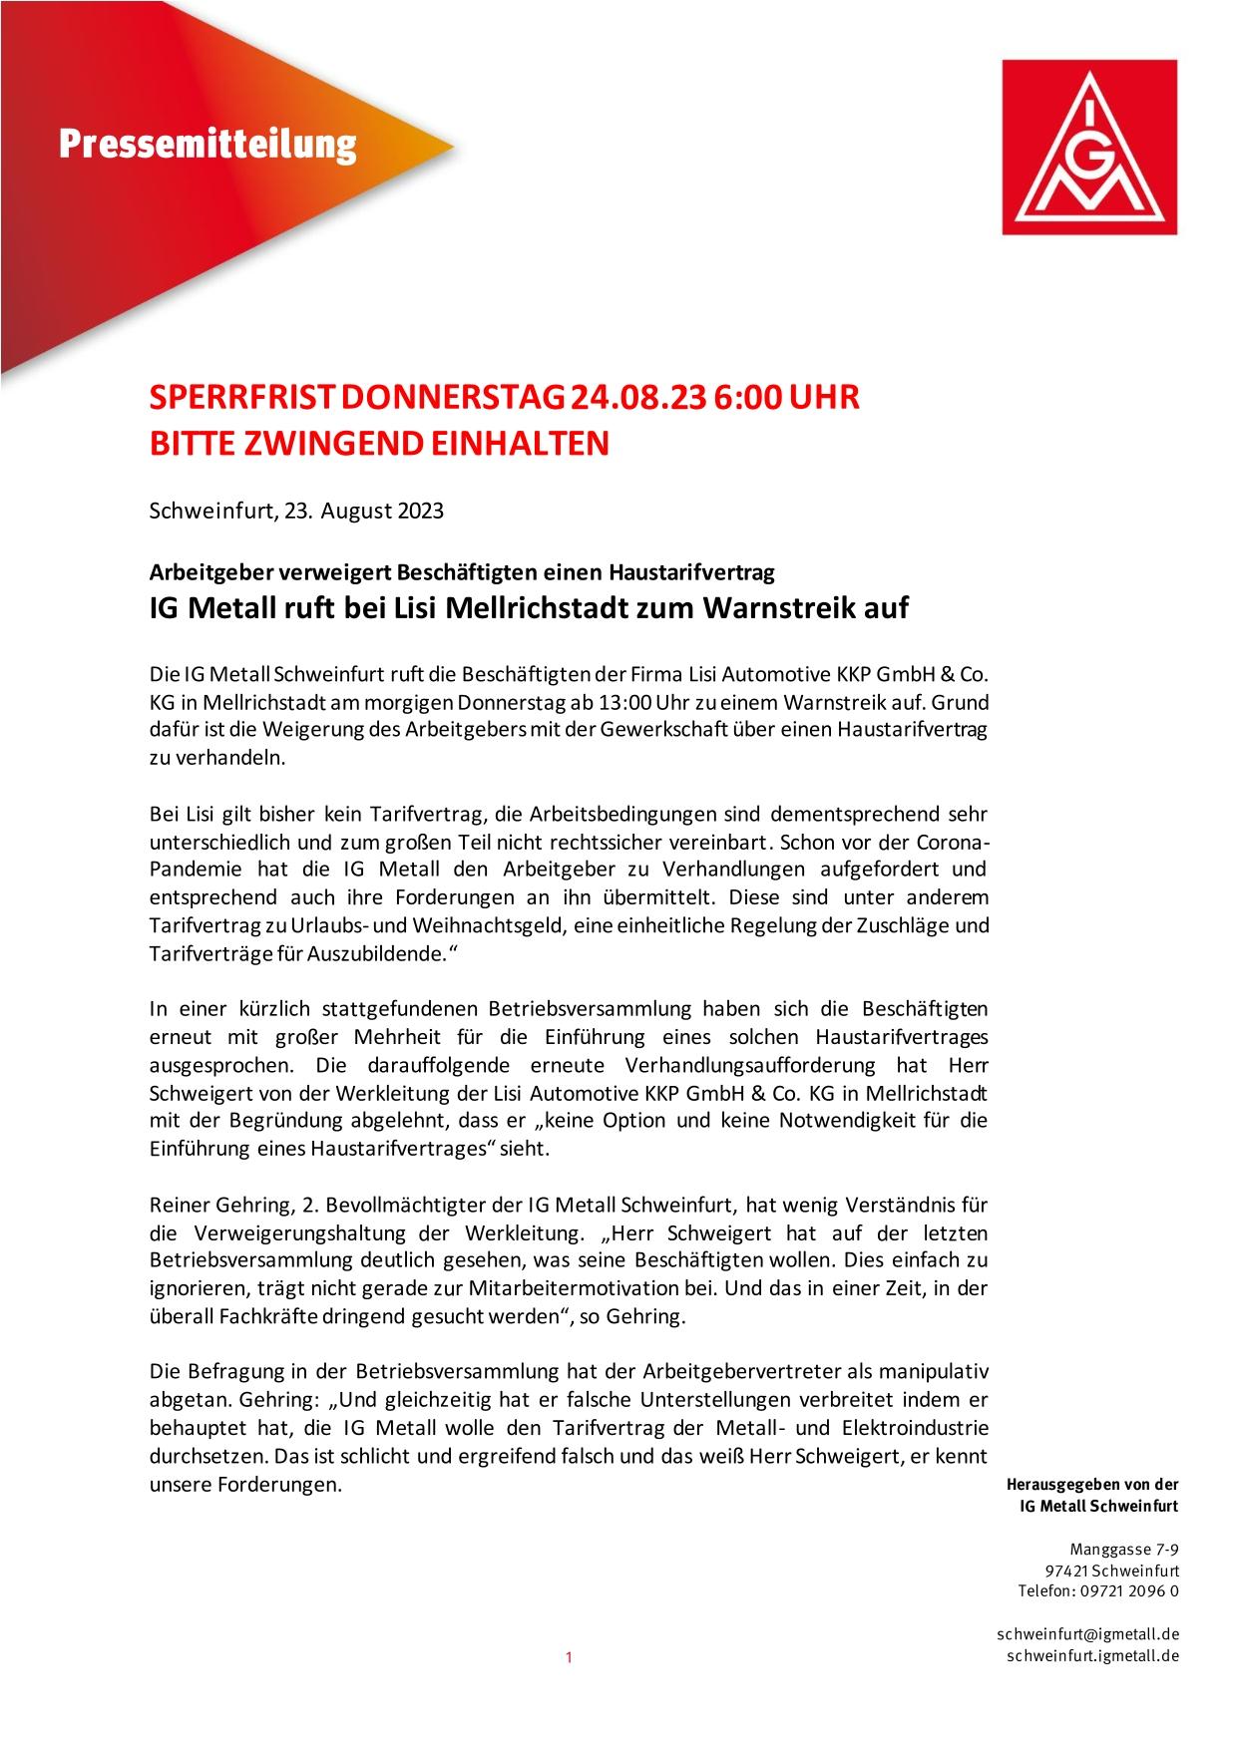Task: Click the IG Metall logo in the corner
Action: pos(1089,147)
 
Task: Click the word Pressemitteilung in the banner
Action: pos(206,144)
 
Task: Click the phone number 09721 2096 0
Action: pos(1132,1590)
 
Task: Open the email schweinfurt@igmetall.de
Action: pos(1088,1634)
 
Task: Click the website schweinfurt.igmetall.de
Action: pos(1093,1656)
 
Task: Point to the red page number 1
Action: pos(569,1658)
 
